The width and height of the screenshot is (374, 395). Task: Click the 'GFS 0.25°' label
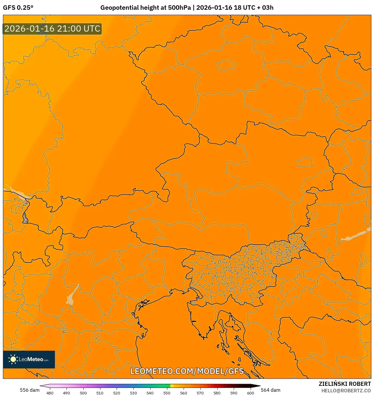pyautogui.click(x=18, y=8)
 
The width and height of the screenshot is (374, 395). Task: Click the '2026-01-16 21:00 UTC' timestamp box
pyautogui.click(x=52, y=29)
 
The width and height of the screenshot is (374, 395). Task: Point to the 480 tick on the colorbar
pyautogui.click(x=50, y=393)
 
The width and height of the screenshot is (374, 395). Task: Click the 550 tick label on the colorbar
pyautogui.click(x=167, y=393)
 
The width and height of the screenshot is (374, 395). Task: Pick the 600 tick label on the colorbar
pyautogui.click(x=250, y=393)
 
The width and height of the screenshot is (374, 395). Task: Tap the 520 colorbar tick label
pyautogui.click(x=117, y=393)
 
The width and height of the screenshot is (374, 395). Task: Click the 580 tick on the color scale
pyautogui.click(x=217, y=393)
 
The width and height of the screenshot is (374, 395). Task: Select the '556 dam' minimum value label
pyautogui.click(x=30, y=390)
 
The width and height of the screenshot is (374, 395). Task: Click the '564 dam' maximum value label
pyautogui.click(x=270, y=390)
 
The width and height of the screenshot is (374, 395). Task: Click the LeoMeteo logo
pyautogui.click(x=29, y=359)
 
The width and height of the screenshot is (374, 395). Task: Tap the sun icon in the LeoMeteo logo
pyautogui.click(x=13, y=359)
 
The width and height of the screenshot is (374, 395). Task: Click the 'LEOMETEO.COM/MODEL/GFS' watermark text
pyautogui.click(x=187, y=371)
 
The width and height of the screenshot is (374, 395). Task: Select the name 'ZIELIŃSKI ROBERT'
pyautogui.click(x=344, y=384)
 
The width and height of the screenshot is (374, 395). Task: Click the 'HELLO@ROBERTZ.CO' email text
pyautogui.click(x=346, y=391)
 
